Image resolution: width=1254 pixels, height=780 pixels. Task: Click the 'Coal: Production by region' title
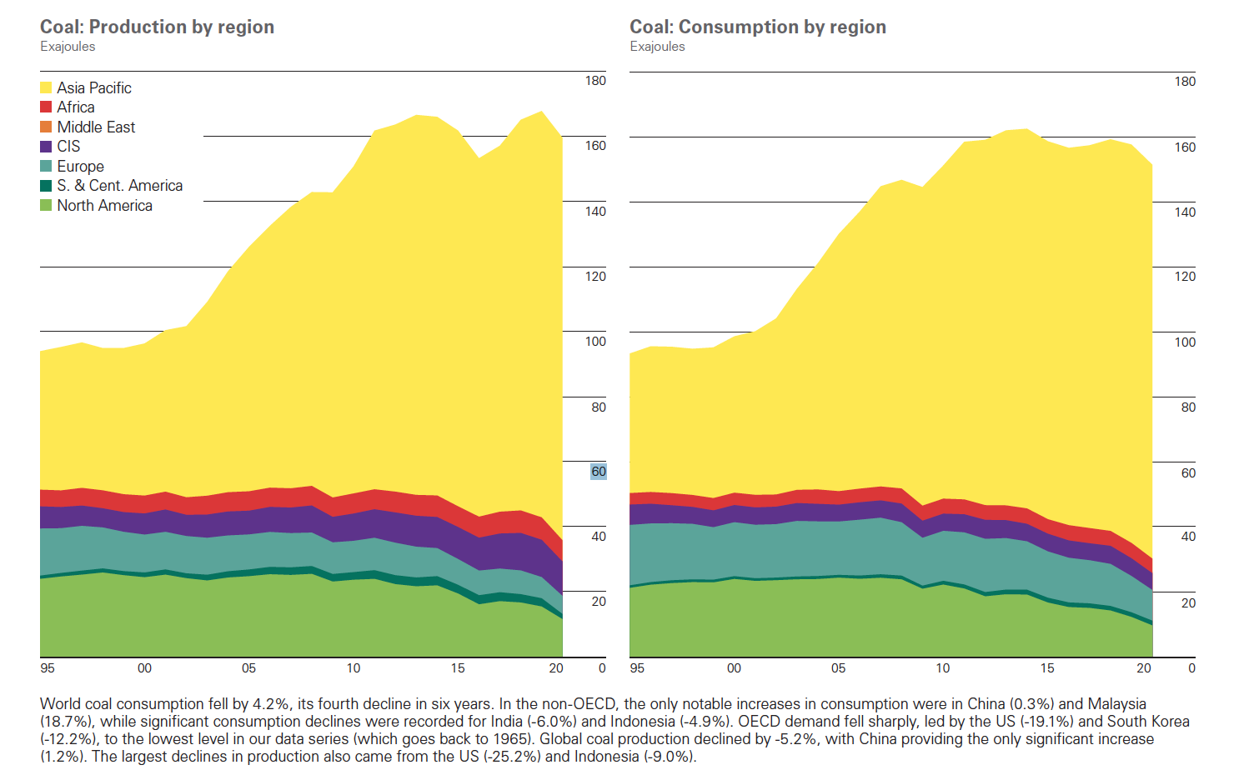[x=157, y=27]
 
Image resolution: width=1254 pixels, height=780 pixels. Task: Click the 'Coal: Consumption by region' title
[x=757, y=27]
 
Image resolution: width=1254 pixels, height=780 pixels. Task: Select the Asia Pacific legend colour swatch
[x=46, y=87]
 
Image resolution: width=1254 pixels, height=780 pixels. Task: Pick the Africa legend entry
[x=75, y=107]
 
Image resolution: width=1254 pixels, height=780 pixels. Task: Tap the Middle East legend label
[x=96, y=127]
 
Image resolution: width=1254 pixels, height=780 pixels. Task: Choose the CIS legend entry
[x=68, y=147]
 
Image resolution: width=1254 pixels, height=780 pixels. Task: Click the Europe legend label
[x=80, y=167]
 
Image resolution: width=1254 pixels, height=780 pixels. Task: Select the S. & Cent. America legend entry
[x=119, y=186]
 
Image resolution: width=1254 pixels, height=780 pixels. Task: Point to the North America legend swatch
[x=46, y=206]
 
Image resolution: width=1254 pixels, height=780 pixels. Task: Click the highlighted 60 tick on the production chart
[x=599, y=472]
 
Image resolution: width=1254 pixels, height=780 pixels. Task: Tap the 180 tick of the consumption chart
[x=1185, y=82]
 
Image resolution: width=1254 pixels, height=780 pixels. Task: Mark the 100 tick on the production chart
[x=595, y=342]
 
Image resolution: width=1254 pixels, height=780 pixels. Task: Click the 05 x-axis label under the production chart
[x=248, y=668]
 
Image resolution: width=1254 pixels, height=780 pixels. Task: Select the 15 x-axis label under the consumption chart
[x=1047, y=668]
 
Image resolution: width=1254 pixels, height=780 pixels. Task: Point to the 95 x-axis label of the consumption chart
[x=637, y=668]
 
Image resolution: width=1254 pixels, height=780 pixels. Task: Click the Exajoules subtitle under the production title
[x=68, y=47]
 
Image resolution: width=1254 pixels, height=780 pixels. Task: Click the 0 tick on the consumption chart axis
[x=1191, y=668]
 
